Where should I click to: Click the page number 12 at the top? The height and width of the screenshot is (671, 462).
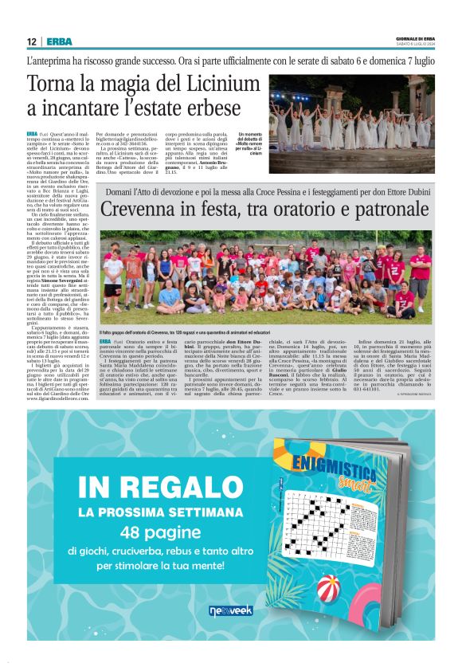pos(30,41)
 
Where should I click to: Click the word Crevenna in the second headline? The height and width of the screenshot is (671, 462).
pos(148,210)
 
